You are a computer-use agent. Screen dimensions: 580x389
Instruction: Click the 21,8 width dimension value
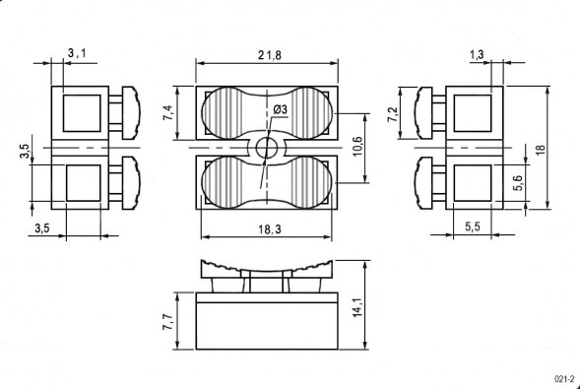(x=269, y=55)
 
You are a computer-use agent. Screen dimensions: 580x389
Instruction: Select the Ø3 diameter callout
(x=280, y=110)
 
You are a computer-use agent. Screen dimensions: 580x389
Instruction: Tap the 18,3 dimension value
(x=269, y=229)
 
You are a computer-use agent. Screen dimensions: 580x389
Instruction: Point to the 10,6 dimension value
(x=357, y=146)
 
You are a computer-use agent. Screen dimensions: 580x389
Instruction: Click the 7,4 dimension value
(x=167, y=112)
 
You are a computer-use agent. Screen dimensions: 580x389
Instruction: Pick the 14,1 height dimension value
(x=358, y=309)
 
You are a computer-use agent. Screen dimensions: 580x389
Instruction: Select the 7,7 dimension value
(x=167, y=321)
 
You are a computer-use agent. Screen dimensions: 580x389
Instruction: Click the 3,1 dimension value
(x=77, y=53)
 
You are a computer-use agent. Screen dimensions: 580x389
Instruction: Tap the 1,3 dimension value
(x=477, y=55)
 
